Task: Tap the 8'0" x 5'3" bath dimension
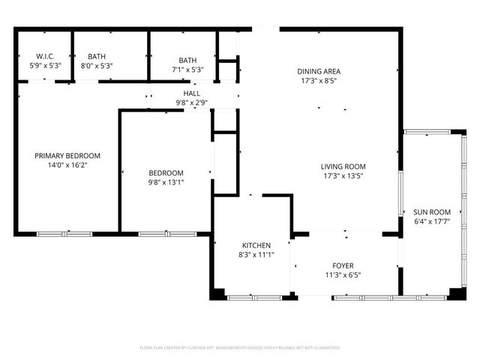tap(97, 66)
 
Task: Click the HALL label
tap(192, 93)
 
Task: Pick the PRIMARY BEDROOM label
tap(67, 156)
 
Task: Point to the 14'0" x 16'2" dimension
tap(67, 166)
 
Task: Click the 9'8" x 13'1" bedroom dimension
tap(166, 181)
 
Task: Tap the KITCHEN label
tap(256, 245)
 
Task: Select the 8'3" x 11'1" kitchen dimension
tap(256, 255)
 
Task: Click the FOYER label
tap(343, 265)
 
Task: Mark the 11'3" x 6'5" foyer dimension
tap(343, 275)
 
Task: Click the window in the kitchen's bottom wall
tap(250, 298)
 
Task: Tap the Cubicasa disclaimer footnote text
tap(240, 347)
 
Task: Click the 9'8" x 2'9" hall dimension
tap(192, 103)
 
